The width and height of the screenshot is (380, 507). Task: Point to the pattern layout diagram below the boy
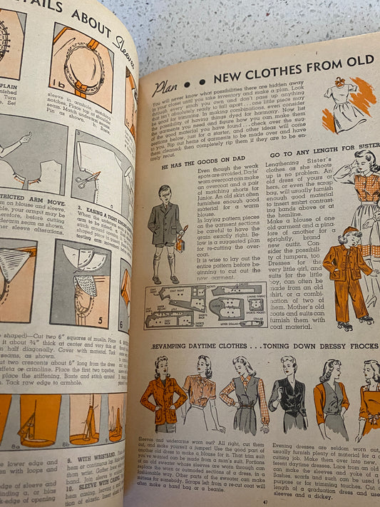(205, 304)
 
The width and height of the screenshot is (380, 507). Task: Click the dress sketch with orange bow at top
(345, 103)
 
